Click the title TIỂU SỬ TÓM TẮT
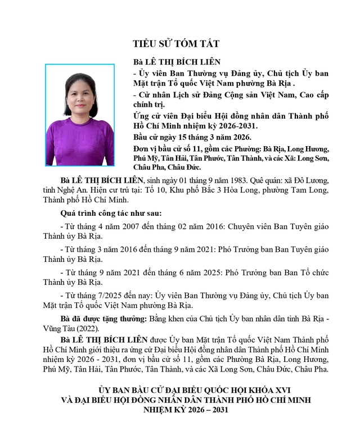click(x=175, y=43)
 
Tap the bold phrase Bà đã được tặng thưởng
click(x=103, y=319)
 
